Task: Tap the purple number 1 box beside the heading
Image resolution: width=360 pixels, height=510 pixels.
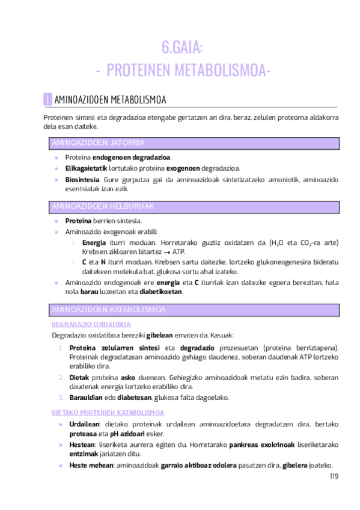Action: [x=48, y=99]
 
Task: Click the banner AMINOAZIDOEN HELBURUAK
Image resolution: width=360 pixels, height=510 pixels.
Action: [x=103, y=206]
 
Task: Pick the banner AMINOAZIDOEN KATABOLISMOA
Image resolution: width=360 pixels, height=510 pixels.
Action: [x=108, y=309]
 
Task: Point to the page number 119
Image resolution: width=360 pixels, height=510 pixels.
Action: [x=334, y=476]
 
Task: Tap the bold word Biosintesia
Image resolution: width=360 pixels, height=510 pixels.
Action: [x=82, y=179]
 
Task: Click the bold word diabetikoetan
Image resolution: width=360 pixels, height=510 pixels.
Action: [x=160, y=292]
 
